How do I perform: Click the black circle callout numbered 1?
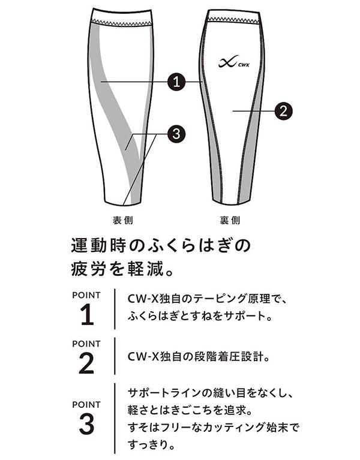coord(176,82)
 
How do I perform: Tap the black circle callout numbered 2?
coord(283,111)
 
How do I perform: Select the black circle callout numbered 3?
coord(176,134)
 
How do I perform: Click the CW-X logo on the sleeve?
coord(233,62)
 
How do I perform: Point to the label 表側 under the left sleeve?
coord(123,220)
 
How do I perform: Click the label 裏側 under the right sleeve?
coord(230,220)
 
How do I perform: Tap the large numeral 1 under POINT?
coord(87,315)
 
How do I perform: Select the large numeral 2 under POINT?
coord(86,363)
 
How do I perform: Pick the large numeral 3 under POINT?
coord(86,424)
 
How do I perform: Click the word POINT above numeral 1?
coord(86,295)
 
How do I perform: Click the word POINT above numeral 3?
coord(86,405)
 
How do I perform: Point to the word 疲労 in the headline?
coord(88,269)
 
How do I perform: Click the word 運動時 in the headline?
coord(97,245)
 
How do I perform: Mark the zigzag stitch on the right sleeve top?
coord(234,20)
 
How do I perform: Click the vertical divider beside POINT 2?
coord(115,356)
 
